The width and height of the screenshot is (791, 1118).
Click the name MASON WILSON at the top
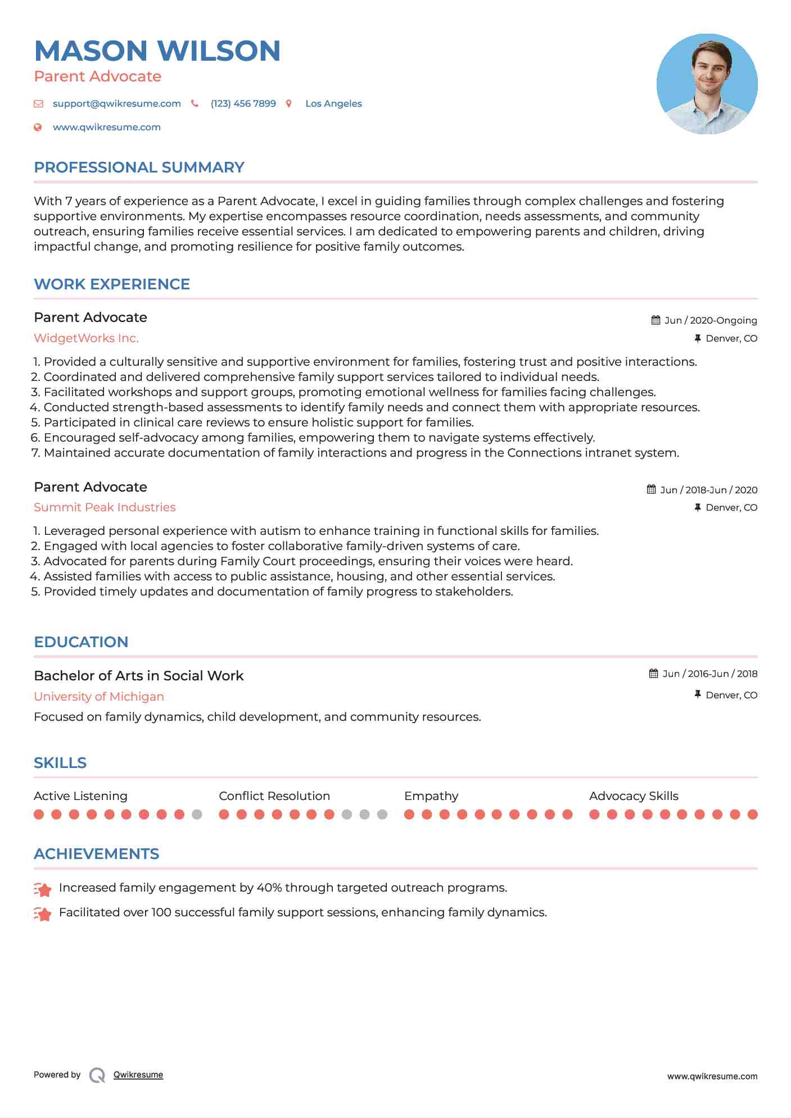point(157,51)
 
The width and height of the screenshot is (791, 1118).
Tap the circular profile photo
point(707,84)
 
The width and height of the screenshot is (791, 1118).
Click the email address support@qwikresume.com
point(116,103)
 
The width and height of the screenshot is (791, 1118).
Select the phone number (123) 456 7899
point(243,103)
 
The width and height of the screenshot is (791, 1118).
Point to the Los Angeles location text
point(333,103)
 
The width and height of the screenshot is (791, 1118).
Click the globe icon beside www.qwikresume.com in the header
point(38,128)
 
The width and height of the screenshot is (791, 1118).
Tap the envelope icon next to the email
point(38,103)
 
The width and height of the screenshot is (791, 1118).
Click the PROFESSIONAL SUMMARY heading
point(139,167)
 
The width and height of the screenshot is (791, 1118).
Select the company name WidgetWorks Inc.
point(86,338)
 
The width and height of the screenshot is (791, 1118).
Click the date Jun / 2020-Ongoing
point(711,320)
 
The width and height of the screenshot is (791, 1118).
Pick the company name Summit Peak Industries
point(105,507)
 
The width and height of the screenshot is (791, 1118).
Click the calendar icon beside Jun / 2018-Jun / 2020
point(651,489)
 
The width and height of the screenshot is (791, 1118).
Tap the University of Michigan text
point(99,697)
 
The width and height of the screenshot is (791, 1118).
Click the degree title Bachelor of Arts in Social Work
point(138,676)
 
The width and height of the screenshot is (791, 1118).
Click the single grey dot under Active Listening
point(197,814)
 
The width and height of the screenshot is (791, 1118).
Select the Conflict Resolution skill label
point(274,796)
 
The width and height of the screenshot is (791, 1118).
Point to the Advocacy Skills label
point(634,796)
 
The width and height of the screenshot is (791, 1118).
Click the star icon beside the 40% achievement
point(42,889)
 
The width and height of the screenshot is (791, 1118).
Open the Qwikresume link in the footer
point(138,1075)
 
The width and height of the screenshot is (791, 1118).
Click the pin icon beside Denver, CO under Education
point(698,695)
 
